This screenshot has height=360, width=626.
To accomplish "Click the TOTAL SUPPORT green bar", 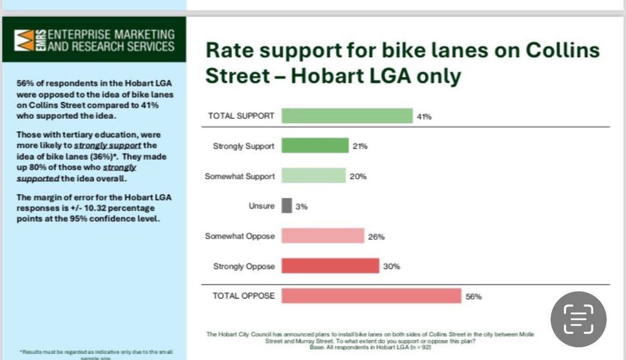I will (346, 116).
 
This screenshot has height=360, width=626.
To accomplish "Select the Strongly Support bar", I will (315, 146).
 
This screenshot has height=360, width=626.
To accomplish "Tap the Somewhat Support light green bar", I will (313, 176).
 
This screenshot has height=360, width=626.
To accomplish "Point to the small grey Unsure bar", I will (287, 206).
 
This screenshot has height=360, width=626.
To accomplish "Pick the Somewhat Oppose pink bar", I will (322, 236).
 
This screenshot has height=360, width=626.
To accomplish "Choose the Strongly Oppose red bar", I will (331, 266).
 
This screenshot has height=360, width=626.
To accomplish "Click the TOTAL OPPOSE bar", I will (371, 296).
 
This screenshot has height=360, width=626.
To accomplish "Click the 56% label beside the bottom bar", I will (474, 297).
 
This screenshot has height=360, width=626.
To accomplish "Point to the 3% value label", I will (300, 207).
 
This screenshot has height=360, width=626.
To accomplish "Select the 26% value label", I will (376, 237).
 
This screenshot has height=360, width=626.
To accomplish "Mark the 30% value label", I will (392, 267).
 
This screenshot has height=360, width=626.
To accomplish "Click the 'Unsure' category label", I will (262, 207).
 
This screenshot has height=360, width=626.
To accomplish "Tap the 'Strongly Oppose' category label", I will (244, 267).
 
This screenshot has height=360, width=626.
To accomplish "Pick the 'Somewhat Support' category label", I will (239, 177).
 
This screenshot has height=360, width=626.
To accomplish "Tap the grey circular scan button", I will (578, 319).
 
